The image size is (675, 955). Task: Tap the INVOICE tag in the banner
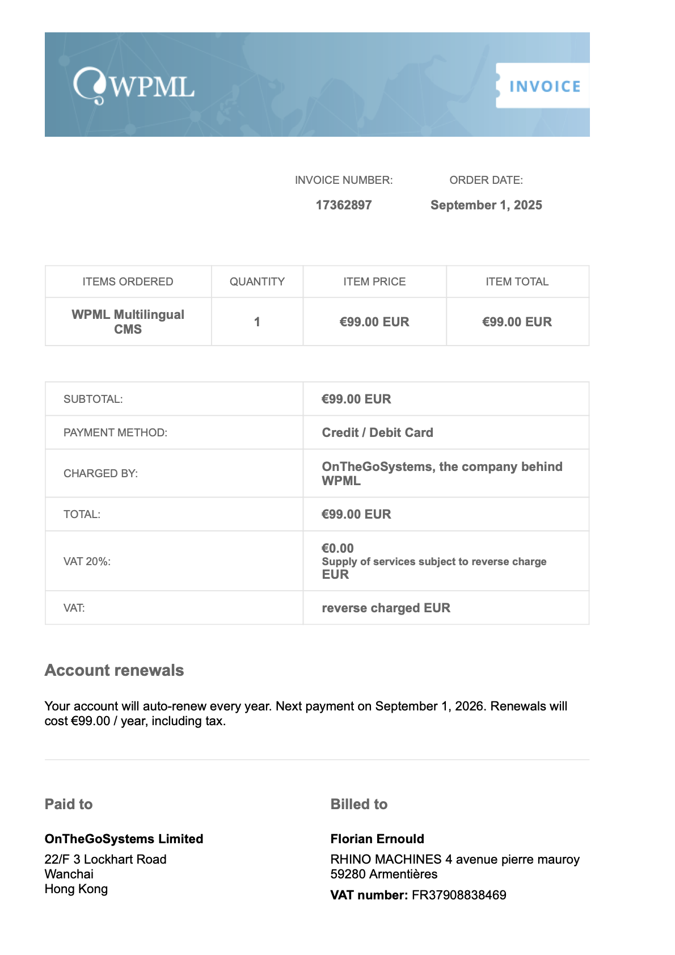[544, 86]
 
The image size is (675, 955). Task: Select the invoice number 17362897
[344, 205]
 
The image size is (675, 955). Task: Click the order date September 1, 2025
[486, 205]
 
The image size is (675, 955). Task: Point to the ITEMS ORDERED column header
[128, 282]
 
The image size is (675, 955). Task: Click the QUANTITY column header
[257, 282]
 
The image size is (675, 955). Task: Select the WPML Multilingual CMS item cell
[128, 322]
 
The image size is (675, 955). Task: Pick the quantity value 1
[257, 322]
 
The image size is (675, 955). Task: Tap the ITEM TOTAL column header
[517, 282]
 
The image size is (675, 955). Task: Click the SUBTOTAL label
[93, 399]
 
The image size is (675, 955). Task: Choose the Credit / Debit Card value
[377, 433]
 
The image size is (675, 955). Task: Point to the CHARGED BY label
[100, 474]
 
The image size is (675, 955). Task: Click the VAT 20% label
[87, 562]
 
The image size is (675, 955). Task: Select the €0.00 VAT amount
[337, 549]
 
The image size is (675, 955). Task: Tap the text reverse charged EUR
[386, 608]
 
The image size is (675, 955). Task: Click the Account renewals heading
[114, 671]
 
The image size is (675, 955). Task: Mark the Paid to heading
[69, 805]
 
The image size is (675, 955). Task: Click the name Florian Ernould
[377, 839]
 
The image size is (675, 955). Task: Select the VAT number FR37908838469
[459, 895]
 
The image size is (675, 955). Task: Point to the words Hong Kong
[76, 889]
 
